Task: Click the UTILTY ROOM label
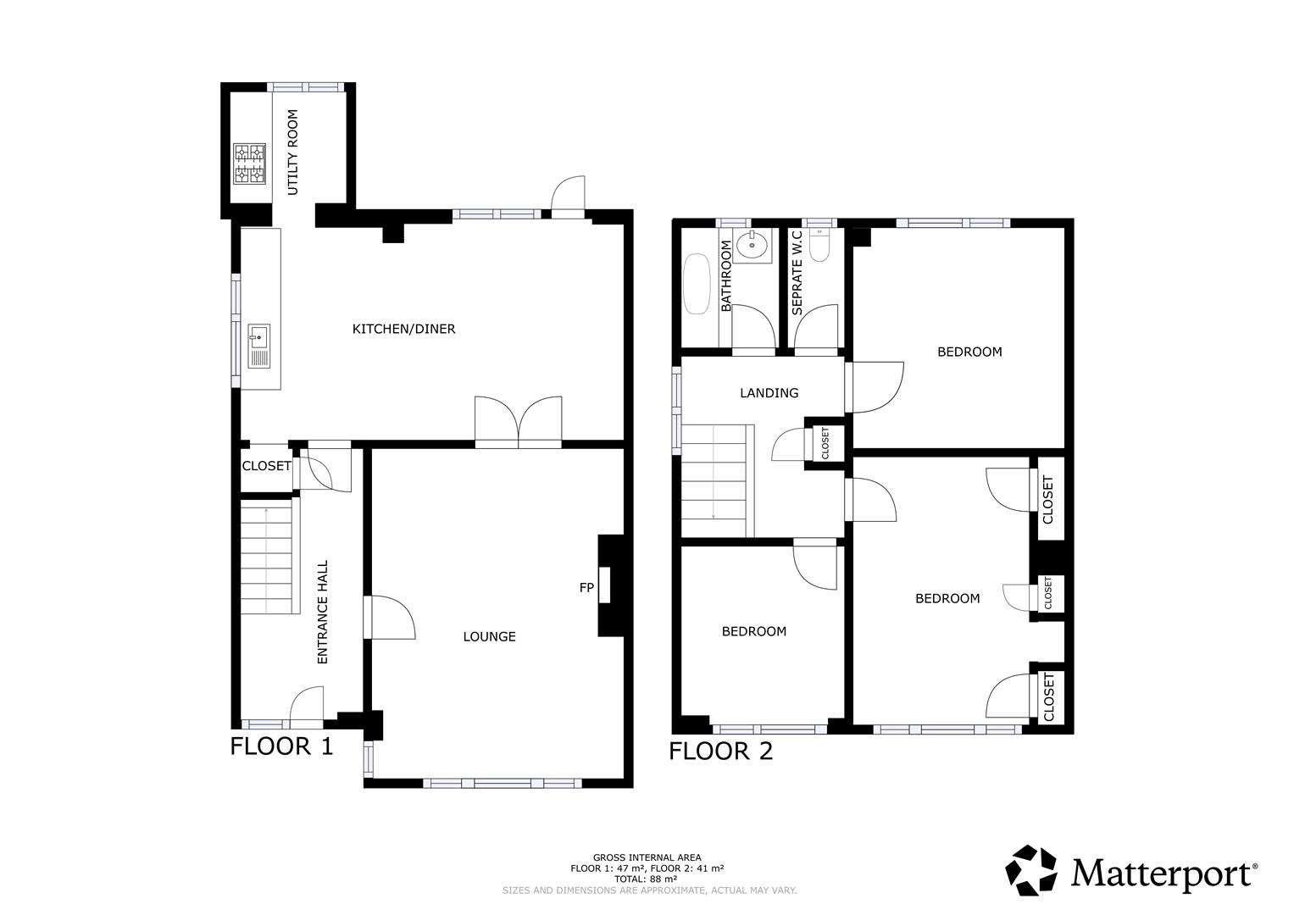293,152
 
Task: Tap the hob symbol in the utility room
249,164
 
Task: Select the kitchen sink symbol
258,346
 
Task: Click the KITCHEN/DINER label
403,329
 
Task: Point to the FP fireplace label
586,587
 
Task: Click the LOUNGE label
489,636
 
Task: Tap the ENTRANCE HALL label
322,612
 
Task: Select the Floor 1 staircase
269,556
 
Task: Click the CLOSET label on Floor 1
266,466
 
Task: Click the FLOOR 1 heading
282,746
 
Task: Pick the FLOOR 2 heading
720,751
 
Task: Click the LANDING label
769,393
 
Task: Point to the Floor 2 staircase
717,480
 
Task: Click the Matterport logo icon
1031,870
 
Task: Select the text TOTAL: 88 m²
647,879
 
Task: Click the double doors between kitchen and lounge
519,421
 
